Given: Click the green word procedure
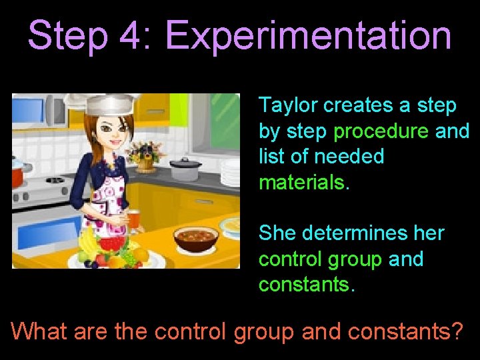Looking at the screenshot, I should pos(381,131).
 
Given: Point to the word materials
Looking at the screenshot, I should pos(304,182).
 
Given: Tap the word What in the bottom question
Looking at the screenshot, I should pos(39,331).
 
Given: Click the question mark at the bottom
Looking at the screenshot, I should pos(455,331).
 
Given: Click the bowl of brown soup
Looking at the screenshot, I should pos(195,237).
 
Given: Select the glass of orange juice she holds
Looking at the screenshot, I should pos(133,219).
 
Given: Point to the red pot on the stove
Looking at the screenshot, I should pos(18,175).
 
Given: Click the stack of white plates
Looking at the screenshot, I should pos(230,173).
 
